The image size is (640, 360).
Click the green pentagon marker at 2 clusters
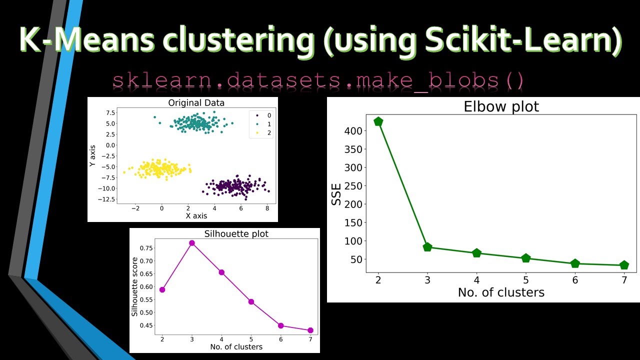[x=378, y=121]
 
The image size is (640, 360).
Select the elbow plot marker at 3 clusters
[x=427, y=247]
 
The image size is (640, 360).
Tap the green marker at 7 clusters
[x=624, y=265]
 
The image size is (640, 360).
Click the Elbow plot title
[x=501, y=107]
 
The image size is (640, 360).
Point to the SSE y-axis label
[x=337, y=195]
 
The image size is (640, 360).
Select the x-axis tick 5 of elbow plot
[x=525, y=280]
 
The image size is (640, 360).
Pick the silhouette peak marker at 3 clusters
[x=191, y=243]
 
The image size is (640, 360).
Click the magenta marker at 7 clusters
[x=310, y=330]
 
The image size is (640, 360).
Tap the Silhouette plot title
[x=236, y=234]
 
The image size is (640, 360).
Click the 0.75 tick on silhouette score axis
[x=147, y=248]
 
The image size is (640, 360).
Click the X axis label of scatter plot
[x=196, y=216]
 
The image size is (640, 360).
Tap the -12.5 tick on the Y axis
[x=107, y=199]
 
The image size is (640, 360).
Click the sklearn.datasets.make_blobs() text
[x=318, y=80]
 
